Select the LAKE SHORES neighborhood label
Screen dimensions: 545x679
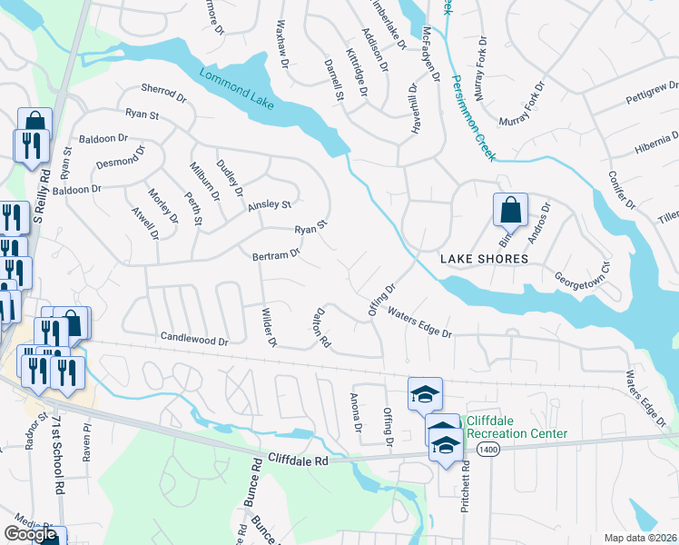(x=484, y=259)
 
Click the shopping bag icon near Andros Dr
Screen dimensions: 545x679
(x=510, y=210)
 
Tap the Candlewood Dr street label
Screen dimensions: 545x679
(x=194, y=338)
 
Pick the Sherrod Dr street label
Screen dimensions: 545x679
(x=162, y=90)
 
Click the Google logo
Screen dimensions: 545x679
(x=32, y=534)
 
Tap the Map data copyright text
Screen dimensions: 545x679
(x=641, y=538)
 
